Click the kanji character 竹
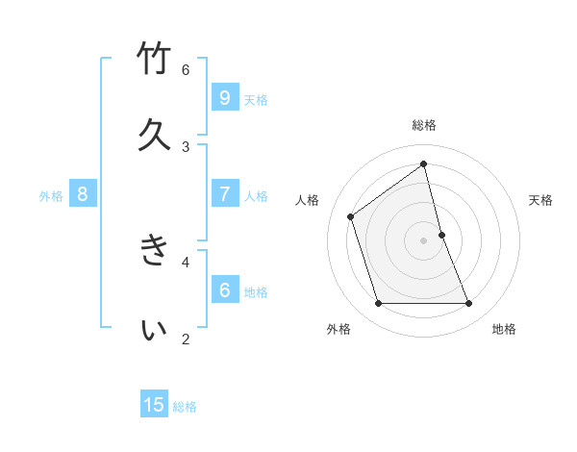(x=155, y=61)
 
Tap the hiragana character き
(x=155, y=250)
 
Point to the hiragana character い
(x=155, y=330)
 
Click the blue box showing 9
(x=224, y=98)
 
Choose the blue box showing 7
(x=224, y=194)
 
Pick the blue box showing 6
(x=224, y=289)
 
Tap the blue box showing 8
(x=83, y=194)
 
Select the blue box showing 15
(x=154, y=405)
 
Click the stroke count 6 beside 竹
(x=186, y=69)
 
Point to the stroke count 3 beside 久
(x=186, y=146)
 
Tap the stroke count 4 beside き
(x=186, y=261)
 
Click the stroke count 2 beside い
(x=186, y=339)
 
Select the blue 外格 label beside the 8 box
(x=51, y=195)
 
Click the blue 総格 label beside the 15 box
(x=185, y=406)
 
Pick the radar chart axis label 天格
(x=541, y=200)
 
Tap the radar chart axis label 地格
(x=504, y=329)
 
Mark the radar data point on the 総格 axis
(x=424, y=163)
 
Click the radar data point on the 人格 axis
(x=351, y=216)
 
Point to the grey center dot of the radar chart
(x=424, y=240)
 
